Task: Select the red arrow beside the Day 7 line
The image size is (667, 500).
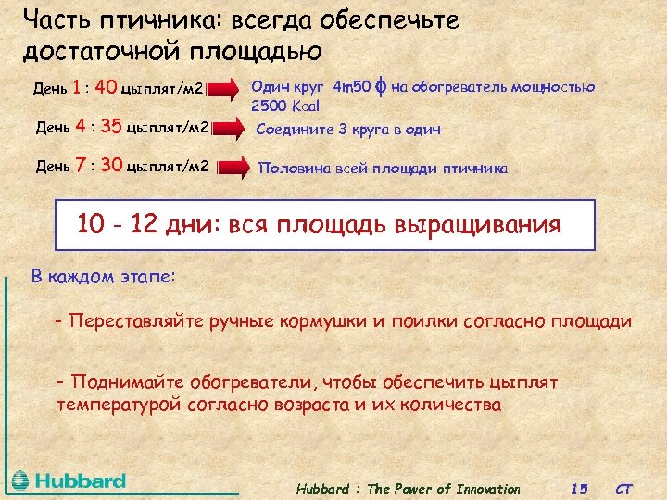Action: point(234,168)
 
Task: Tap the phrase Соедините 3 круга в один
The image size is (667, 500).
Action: point(348,130)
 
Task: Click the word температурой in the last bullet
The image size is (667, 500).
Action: point(116,405)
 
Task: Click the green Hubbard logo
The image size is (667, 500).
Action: point(69,481)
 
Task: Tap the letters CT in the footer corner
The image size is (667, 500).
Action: point(625,489)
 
